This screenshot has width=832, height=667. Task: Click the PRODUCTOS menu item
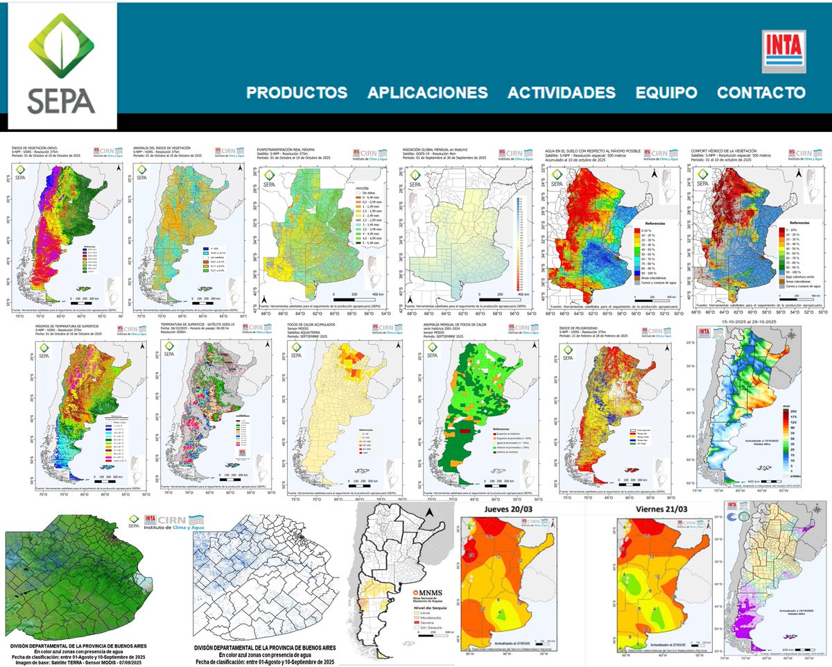coord(297,93)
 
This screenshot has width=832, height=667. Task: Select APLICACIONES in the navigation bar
coord(427,93)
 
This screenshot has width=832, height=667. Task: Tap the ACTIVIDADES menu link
coord(561,93)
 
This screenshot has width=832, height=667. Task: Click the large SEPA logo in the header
coord(62,67)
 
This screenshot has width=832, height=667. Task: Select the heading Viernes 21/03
coord(648,511)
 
